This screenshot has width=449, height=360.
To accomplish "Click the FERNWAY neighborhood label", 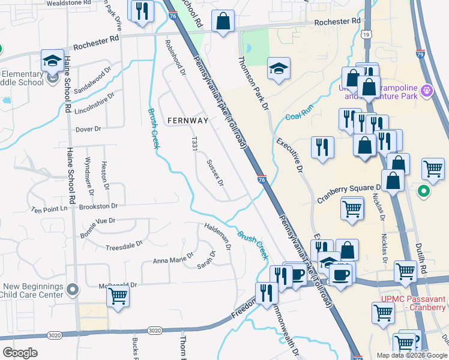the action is [x=187, y=121].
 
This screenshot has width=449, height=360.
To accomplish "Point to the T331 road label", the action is [x=194, y=148].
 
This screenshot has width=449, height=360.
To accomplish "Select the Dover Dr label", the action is [x=88, y=129].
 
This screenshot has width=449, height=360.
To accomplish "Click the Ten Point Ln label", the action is [x=50, y=209].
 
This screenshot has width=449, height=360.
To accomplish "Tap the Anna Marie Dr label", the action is [x=173, y=257].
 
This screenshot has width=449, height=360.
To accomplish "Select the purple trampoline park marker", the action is [x=427, y=91].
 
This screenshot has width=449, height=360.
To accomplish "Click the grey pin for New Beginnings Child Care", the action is [x=73, y=290].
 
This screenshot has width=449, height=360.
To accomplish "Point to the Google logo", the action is [x=20, y=353].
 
